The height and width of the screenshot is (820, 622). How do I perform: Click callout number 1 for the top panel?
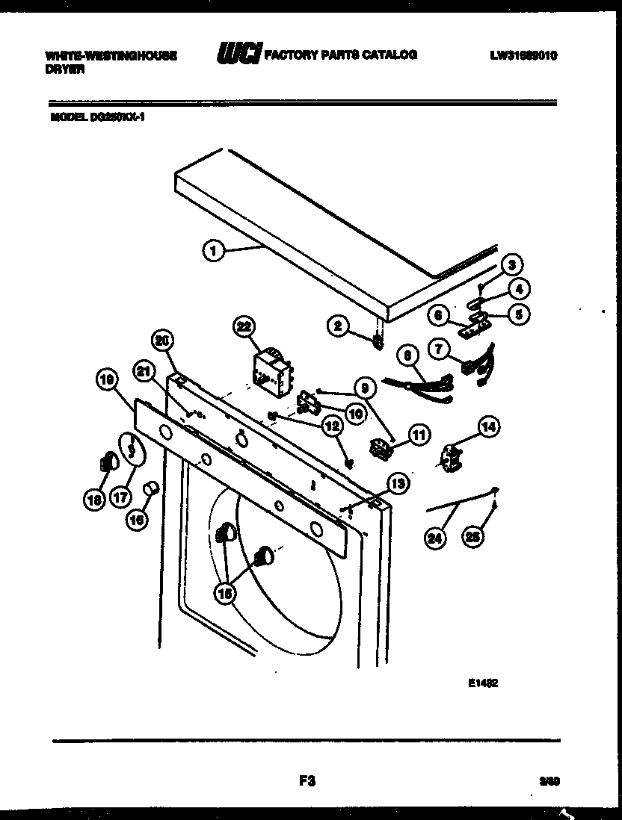coord(213,252)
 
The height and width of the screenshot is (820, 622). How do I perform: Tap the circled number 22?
coord(244,326)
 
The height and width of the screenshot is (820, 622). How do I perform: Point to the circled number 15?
coord(226,592)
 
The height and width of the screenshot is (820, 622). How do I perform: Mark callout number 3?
coord(511,264)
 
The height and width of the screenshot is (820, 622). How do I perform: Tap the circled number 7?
coord(438,347)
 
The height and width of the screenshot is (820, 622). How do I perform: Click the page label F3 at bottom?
coord(305,781)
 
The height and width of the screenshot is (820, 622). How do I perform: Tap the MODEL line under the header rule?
coord(97,117)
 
